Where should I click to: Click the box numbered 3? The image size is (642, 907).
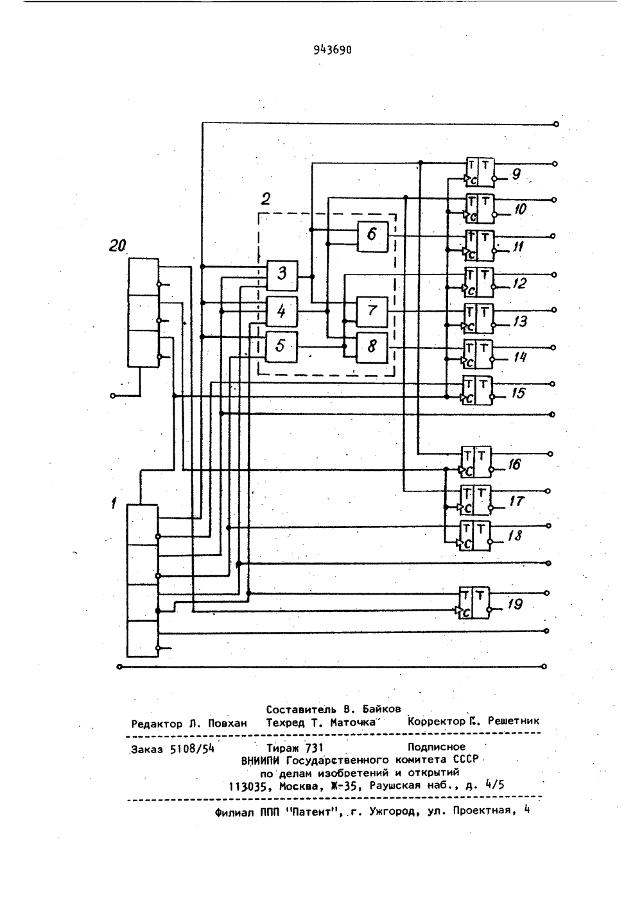(x=282, y=275)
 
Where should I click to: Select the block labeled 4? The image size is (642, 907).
(x=282, y=311)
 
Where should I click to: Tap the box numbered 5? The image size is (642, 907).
(x=282, y=346)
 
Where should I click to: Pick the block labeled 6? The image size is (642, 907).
(x=372, y=237)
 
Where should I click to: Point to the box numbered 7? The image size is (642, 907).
(x=372, y=312)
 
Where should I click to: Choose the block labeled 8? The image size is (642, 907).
(x=372, y=348)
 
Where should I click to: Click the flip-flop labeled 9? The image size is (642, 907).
(x=480, y=172)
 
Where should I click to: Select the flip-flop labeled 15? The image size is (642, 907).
(x=478, y=391)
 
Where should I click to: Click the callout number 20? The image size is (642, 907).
(x=117, y=246)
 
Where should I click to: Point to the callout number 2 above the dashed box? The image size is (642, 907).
(x=266, y=199)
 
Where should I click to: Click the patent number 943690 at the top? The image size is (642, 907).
(x=333, y=50)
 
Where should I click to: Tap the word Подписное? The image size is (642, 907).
(x=437, y=746)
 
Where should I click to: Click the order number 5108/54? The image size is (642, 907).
(x=192, y=749)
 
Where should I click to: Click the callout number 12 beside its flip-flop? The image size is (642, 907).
(x=519, y=283)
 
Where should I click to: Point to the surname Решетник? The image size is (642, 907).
(x=514, y=721)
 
